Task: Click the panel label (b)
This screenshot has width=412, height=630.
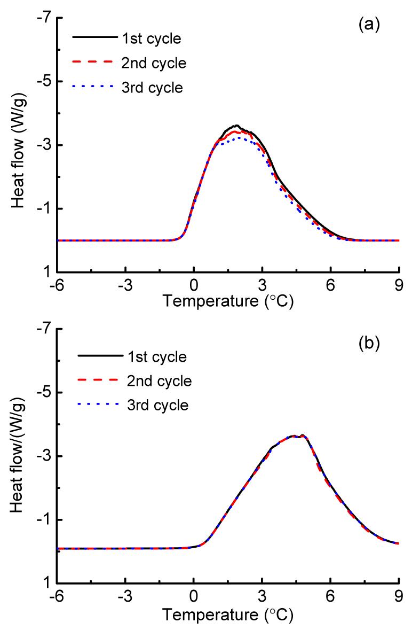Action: [368, 343]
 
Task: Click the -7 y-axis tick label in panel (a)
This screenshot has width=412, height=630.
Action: [45, 18]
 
